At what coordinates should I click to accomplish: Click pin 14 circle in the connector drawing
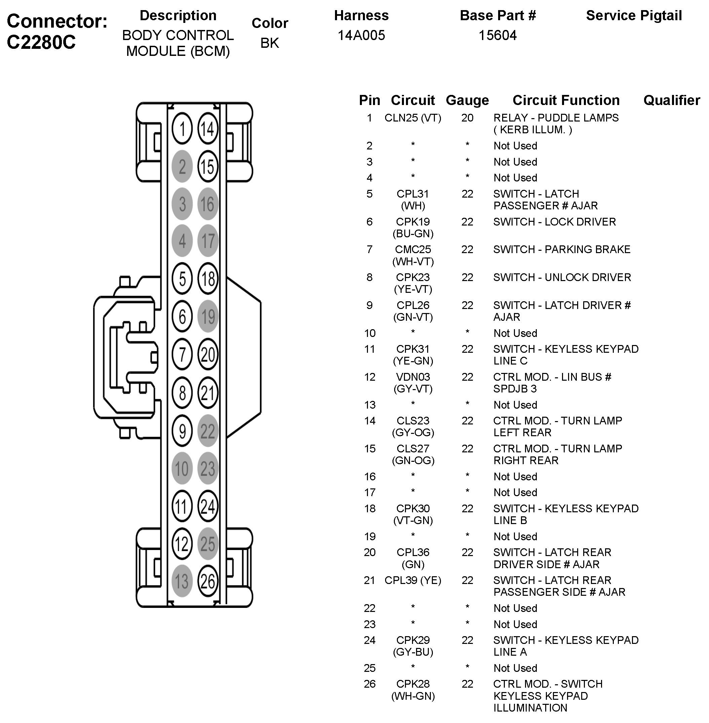point(208,129)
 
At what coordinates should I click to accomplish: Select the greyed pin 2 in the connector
point(182,167)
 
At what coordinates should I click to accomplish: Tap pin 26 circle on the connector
point(208,581)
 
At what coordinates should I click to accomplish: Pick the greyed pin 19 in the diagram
point(208,317)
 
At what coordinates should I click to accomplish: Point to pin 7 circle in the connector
point(182,354)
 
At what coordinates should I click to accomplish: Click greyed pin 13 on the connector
point(182,581)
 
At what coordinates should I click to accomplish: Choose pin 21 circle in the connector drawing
point(208,393)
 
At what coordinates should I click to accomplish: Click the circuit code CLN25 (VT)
point(413,118)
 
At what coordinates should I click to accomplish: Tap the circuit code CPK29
point(413,640)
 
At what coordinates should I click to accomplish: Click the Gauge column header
point(467,100)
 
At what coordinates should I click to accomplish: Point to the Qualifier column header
point(671,100)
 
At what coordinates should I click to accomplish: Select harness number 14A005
point(361,35)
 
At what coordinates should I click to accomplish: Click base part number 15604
point(497,35)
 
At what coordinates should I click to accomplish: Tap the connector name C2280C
point(41,42)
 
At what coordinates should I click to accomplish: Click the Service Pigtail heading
point(634,16)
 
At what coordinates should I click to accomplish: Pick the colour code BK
point(270,43)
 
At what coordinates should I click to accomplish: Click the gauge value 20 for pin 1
point(467,118)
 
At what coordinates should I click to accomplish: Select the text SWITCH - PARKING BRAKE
point(562,249)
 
